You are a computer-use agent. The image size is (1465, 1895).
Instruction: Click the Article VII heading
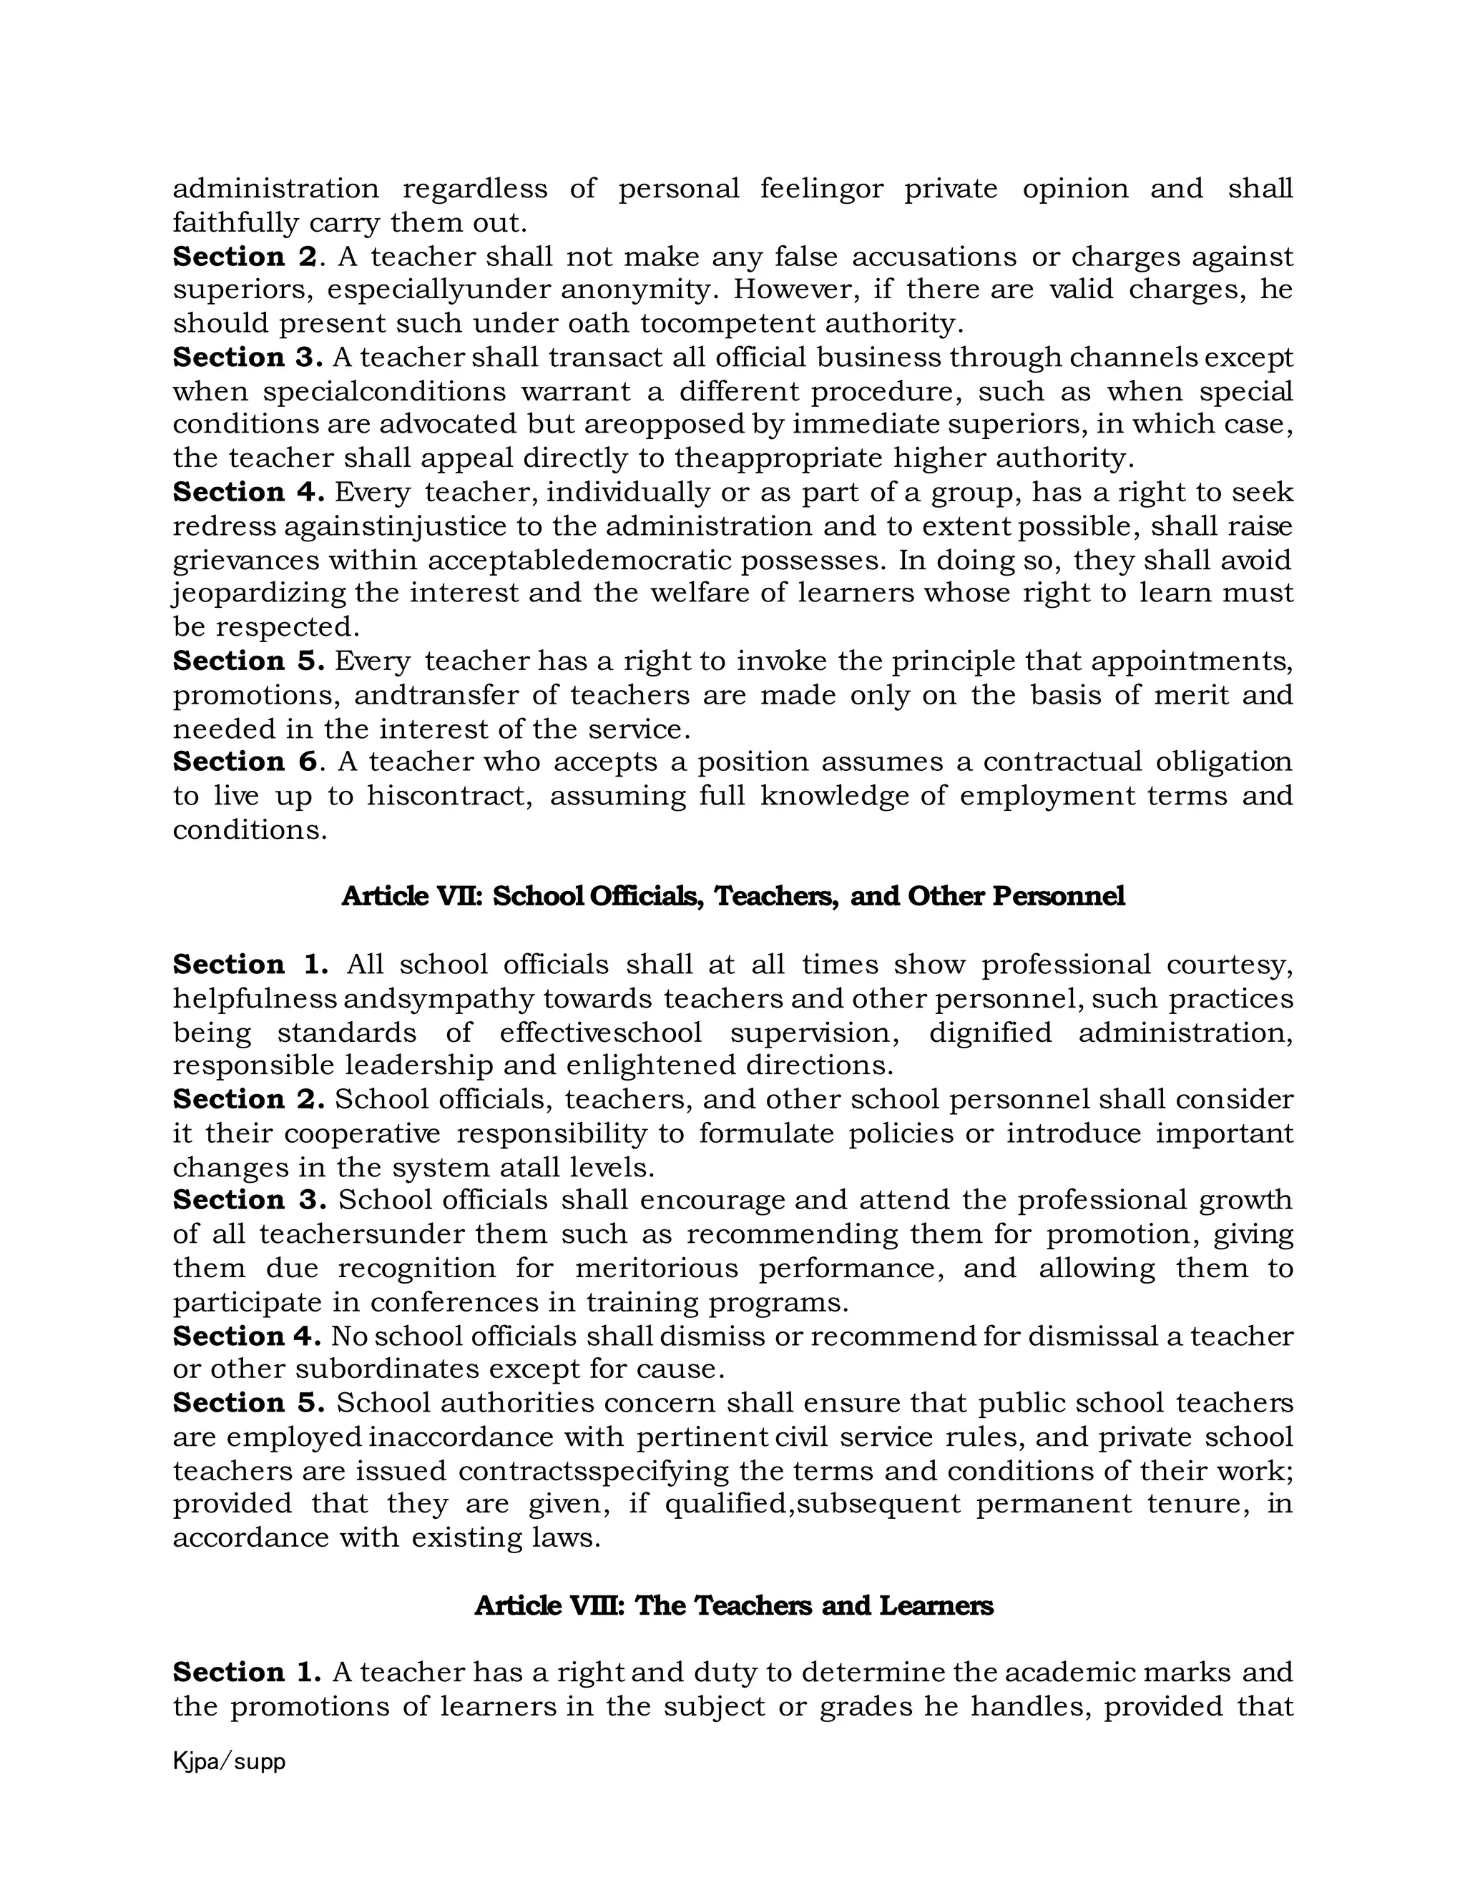coord(732,896)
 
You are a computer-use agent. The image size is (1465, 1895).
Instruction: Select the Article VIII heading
coord(732,1605)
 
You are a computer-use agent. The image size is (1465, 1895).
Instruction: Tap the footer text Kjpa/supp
coord(229,1762)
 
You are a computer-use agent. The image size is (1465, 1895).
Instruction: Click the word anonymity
coord(639,289)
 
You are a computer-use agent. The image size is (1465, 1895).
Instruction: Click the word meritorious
coord(656,1268)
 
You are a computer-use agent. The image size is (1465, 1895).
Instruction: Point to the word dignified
coord(989,1033)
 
